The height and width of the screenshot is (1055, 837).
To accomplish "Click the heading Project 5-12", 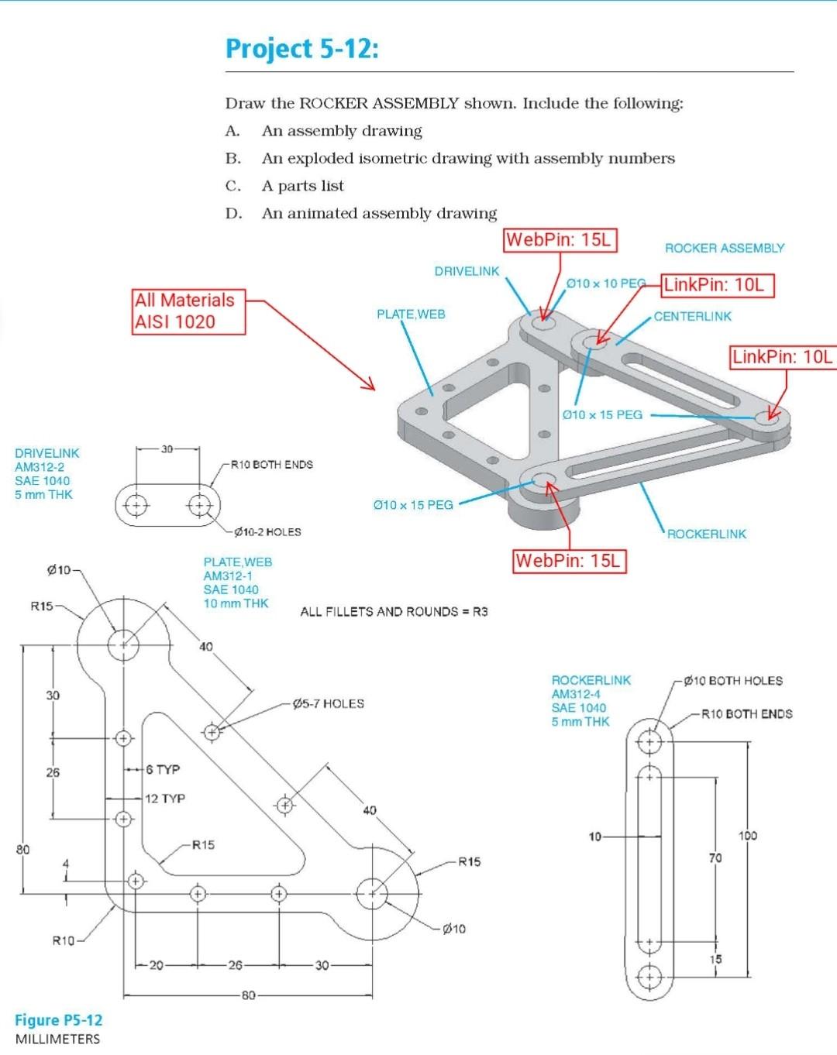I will [302, 49].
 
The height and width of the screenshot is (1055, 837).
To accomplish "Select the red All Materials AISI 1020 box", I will [188, 311].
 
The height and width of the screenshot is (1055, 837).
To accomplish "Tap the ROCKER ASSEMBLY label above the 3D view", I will [724, 249].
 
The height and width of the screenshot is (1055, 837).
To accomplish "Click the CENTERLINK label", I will [692, 316].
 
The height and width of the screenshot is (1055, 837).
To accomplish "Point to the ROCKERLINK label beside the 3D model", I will [706, 534].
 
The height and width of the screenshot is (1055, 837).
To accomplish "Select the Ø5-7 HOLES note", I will [328, 703].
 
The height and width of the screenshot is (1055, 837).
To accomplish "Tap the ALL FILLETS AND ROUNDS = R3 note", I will [394, 612].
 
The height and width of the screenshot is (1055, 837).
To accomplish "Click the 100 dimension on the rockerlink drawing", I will [747, 836].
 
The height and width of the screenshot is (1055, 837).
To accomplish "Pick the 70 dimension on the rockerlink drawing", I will [715, 857].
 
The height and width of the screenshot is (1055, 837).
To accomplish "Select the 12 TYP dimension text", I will [164, 799].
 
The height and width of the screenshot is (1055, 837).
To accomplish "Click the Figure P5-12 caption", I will [59, 1020].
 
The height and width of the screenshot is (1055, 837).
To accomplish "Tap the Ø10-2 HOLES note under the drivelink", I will [267, 532].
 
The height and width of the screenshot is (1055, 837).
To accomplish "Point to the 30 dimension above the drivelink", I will [167, 448].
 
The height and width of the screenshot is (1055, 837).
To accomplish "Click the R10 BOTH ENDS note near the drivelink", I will [271, 465].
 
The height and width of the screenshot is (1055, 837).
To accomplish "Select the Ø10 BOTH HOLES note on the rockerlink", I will [733, 681].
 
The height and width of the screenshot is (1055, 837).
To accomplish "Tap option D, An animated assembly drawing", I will [378, 213].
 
